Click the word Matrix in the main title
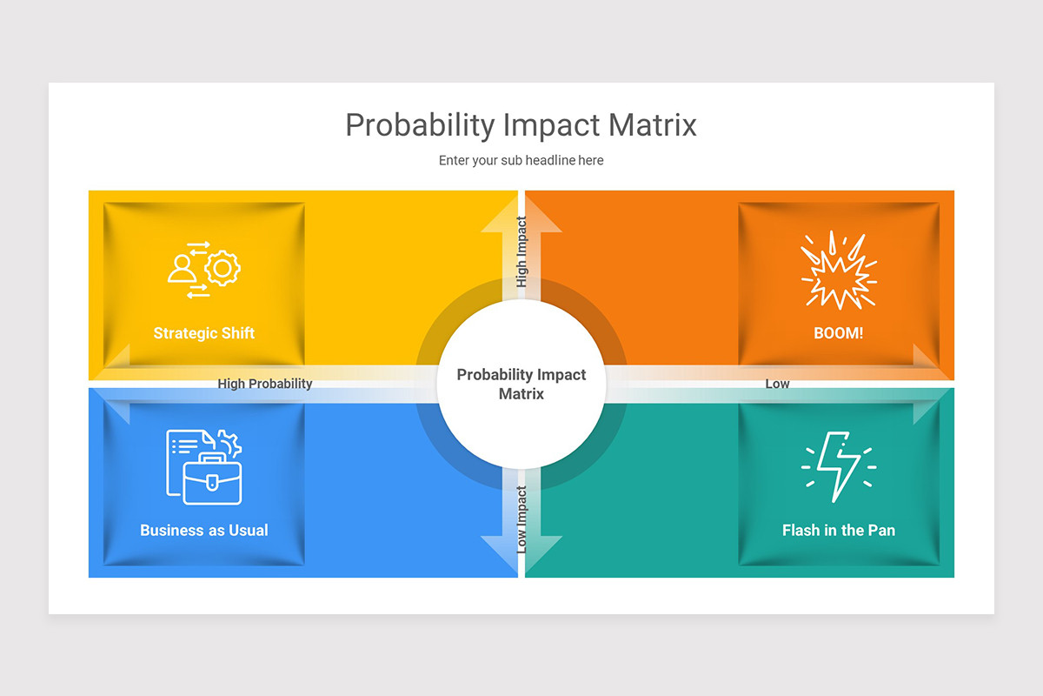coord(652,125)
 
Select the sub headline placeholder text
coord(521,160)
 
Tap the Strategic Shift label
coord(204,333)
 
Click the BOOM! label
coord(839,333)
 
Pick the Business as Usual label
coord(204,530)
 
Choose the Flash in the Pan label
coord(839,530)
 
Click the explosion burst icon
coord(839,271)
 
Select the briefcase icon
coord(212,480)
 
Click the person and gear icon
coord(204,270)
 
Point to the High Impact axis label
coord(521,252)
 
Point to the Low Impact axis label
coord(521,519)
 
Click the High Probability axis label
coord(265,384)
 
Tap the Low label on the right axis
coord(777,384)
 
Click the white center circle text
coord(521,384)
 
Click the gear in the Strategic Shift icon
coord(223,268)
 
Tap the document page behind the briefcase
coord(185,445)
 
